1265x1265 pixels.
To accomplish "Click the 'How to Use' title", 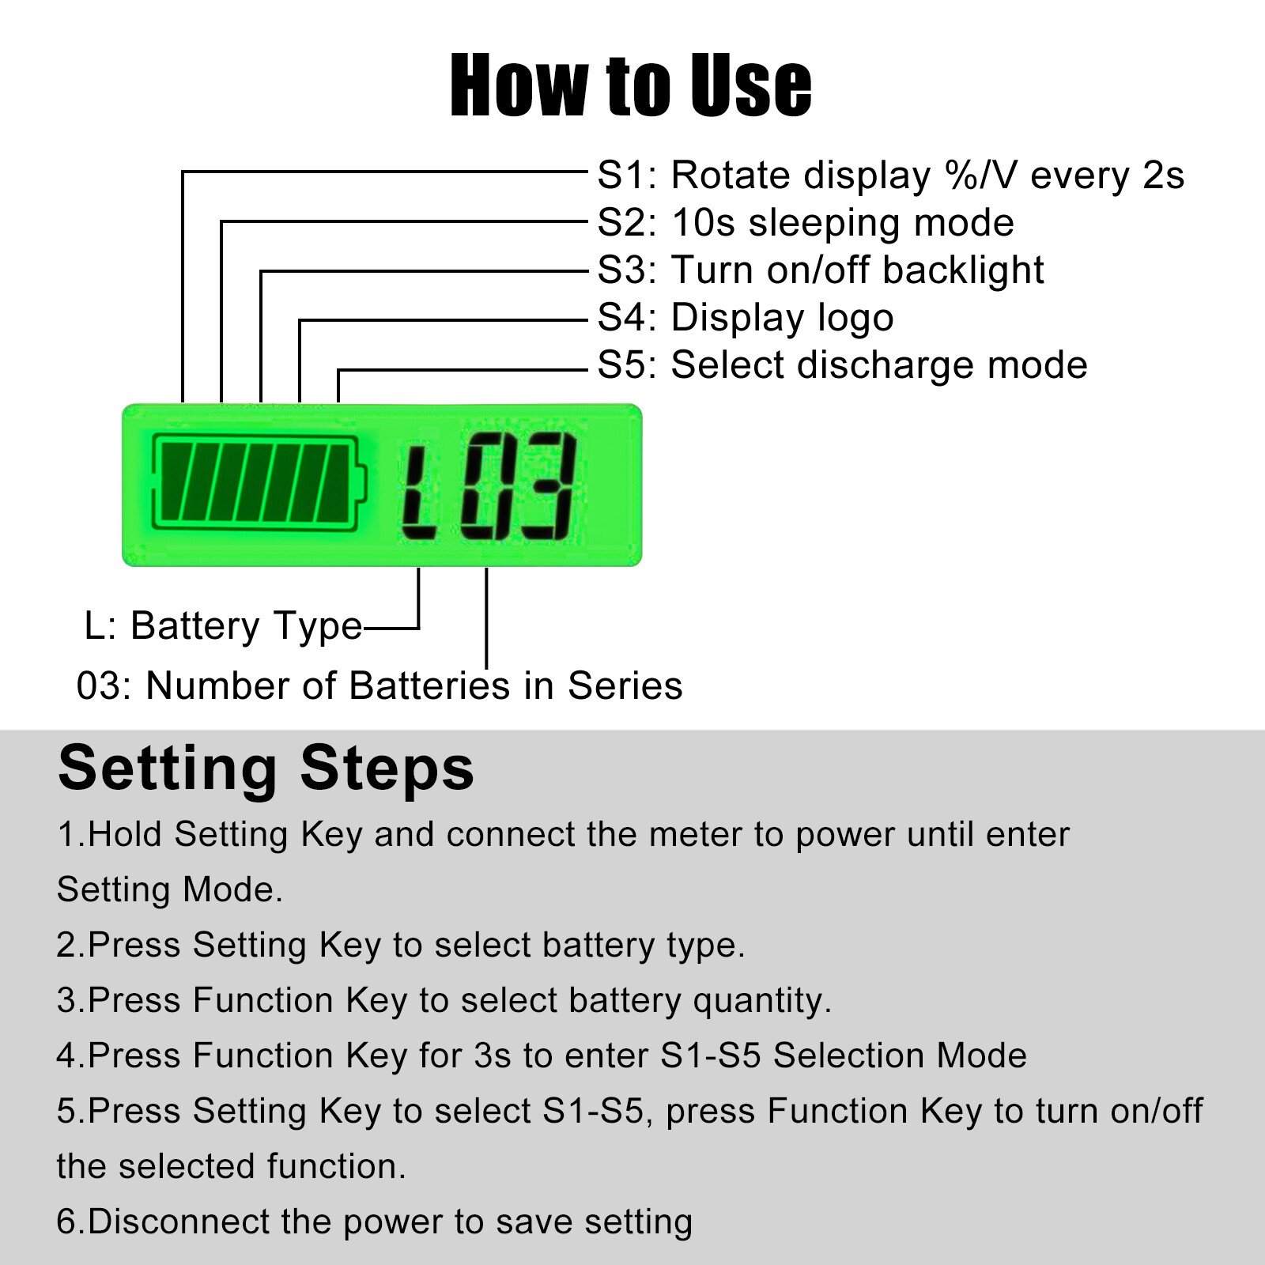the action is [631, 85].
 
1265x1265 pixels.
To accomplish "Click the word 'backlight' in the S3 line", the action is [963, 271].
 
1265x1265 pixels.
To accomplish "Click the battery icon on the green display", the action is [259, 481].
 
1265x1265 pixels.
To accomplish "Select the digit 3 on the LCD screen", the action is [547, 485].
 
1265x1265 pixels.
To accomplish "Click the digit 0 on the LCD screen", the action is [489, 485].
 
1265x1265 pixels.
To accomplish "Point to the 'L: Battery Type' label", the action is [223, 626].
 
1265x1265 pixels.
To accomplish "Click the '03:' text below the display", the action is [105, 685].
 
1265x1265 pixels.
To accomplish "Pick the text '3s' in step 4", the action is [493, 1056].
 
